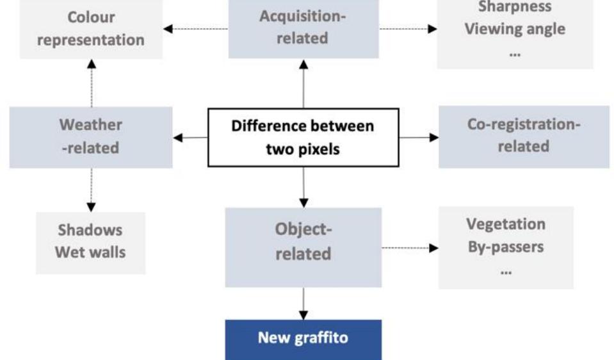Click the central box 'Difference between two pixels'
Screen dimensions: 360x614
pos(303,137)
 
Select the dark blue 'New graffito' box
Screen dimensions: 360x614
pos(303,338)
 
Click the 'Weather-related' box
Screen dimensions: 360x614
pos(90,136)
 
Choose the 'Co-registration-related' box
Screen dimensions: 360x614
pos(523,135)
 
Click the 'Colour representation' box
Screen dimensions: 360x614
pos(90,28)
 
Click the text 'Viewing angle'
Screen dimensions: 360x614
pos(515,29)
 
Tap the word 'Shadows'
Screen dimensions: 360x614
pos(90,230)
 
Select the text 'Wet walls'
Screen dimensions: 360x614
pos(90,252)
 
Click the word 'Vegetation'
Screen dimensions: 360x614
pos(506,224)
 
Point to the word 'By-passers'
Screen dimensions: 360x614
pos(506,247)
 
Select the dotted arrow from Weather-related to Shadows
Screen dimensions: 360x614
pos(91,190)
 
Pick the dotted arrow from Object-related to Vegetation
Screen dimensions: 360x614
pos(410,247)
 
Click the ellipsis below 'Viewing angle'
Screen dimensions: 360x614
pos(514,53)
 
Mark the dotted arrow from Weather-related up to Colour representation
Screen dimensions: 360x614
pos(91,83)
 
